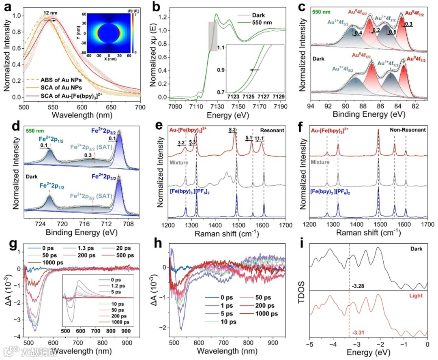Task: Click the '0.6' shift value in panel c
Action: coord(393,32)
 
